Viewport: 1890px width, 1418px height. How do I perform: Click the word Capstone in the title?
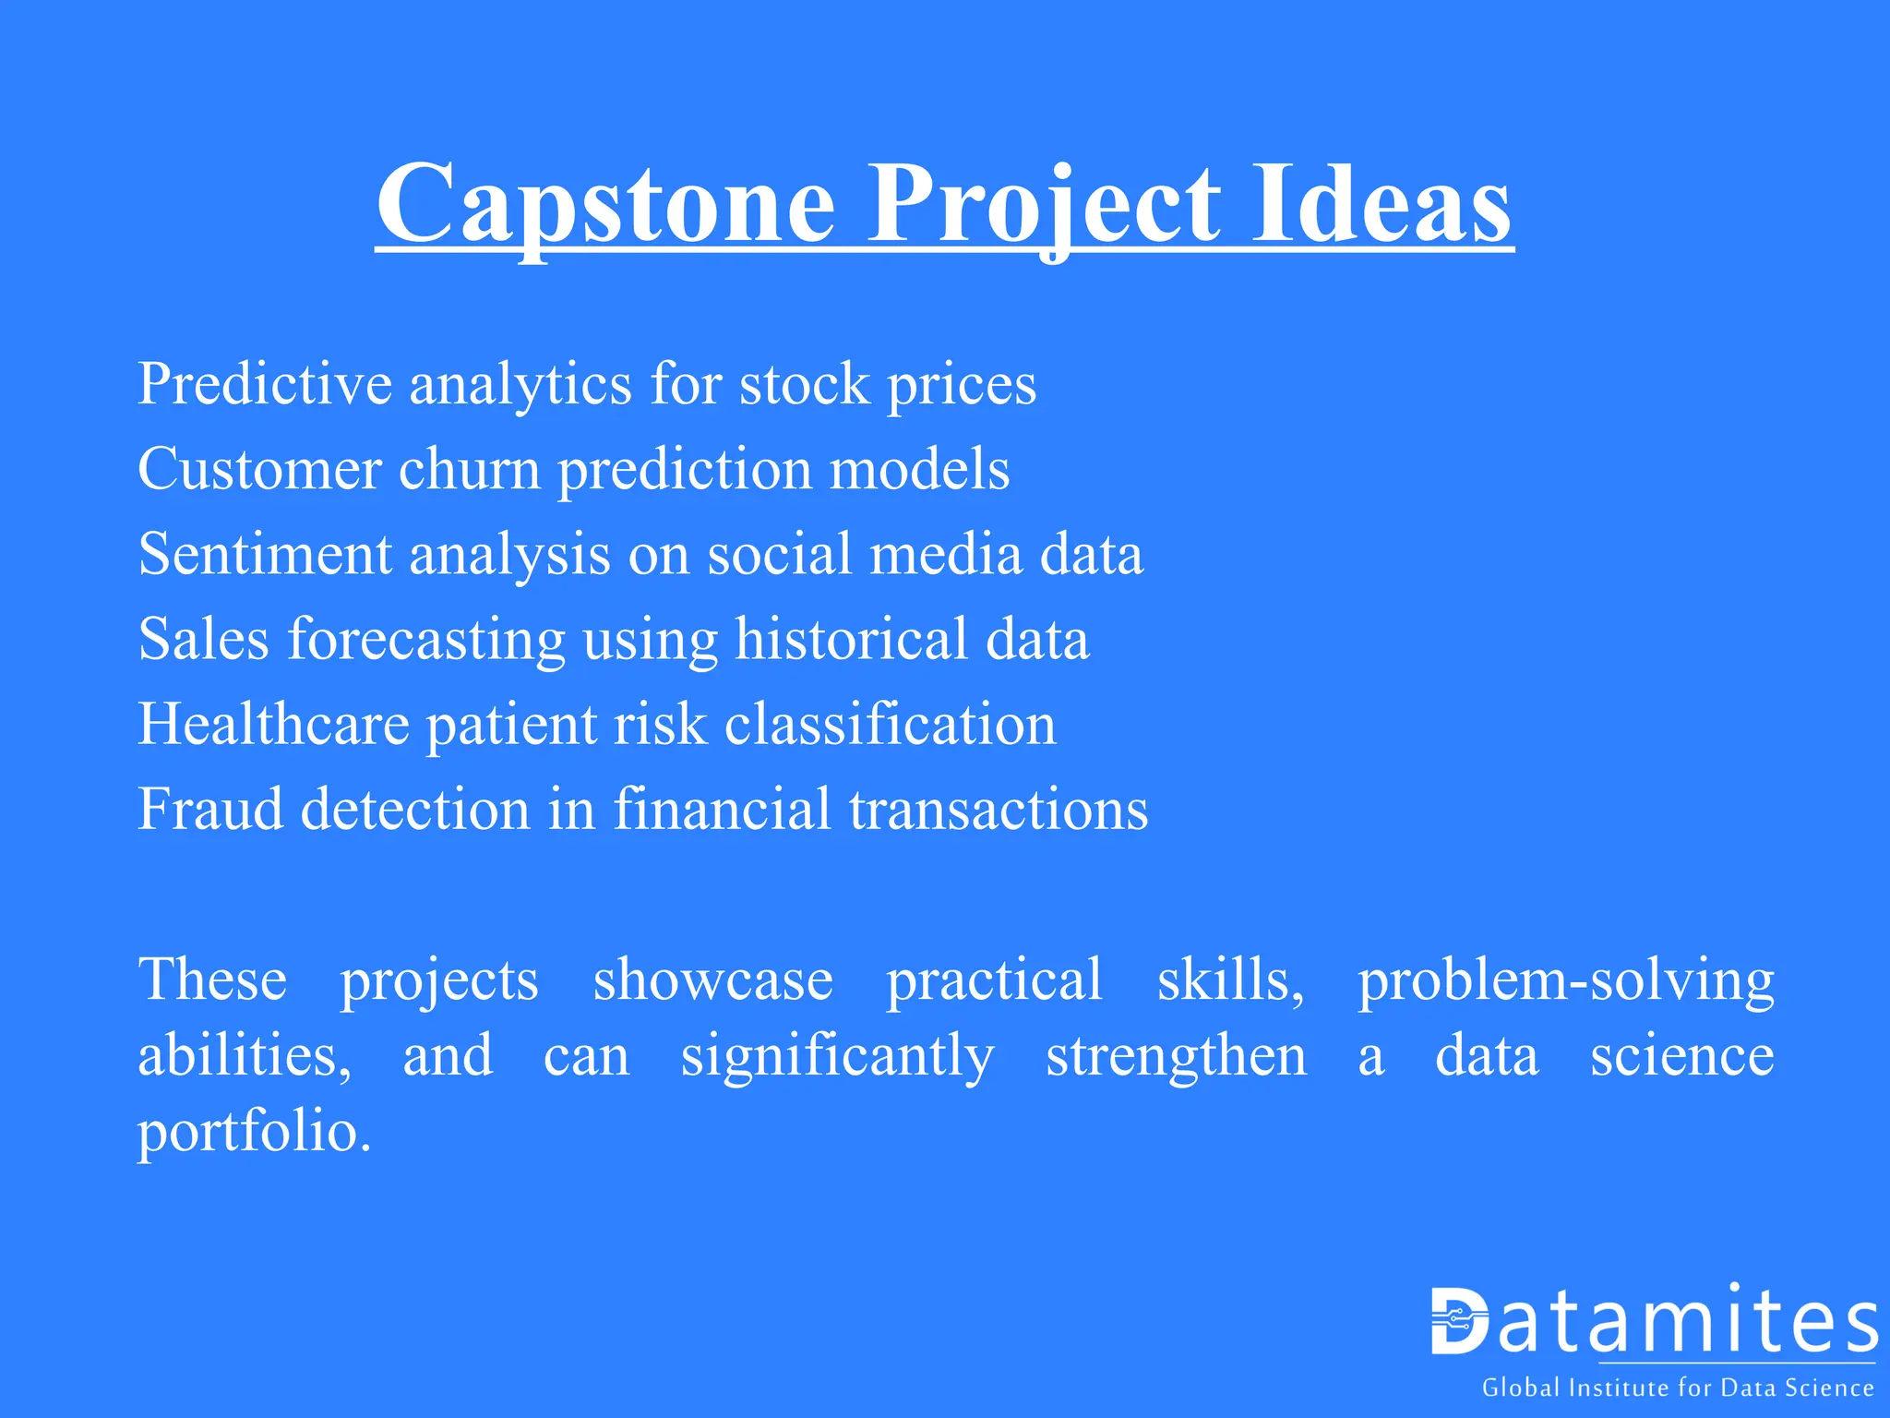click(605, 205)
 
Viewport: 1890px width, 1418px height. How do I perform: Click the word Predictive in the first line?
click(264, 384)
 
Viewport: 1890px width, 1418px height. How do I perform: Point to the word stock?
click(804, 384)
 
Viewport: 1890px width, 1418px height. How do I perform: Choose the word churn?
click(469, 470)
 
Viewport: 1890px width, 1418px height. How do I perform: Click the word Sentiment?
click(265, 555)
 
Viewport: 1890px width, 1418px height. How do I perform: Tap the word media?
click(946, 555)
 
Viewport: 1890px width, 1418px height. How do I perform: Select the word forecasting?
click(426, 640)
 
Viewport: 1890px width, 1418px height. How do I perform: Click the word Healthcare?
click(273, 725)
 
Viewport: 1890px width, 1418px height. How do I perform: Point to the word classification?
click(890, 725)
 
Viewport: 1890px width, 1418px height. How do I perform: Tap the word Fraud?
click(210, 810)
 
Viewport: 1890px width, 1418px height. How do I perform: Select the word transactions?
click(998, 810)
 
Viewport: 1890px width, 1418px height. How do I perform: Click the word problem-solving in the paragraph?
click(1565, 980)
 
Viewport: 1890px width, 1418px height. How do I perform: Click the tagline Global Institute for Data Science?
click(1677, 1388)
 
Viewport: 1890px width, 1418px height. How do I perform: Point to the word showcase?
click(712, 980)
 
